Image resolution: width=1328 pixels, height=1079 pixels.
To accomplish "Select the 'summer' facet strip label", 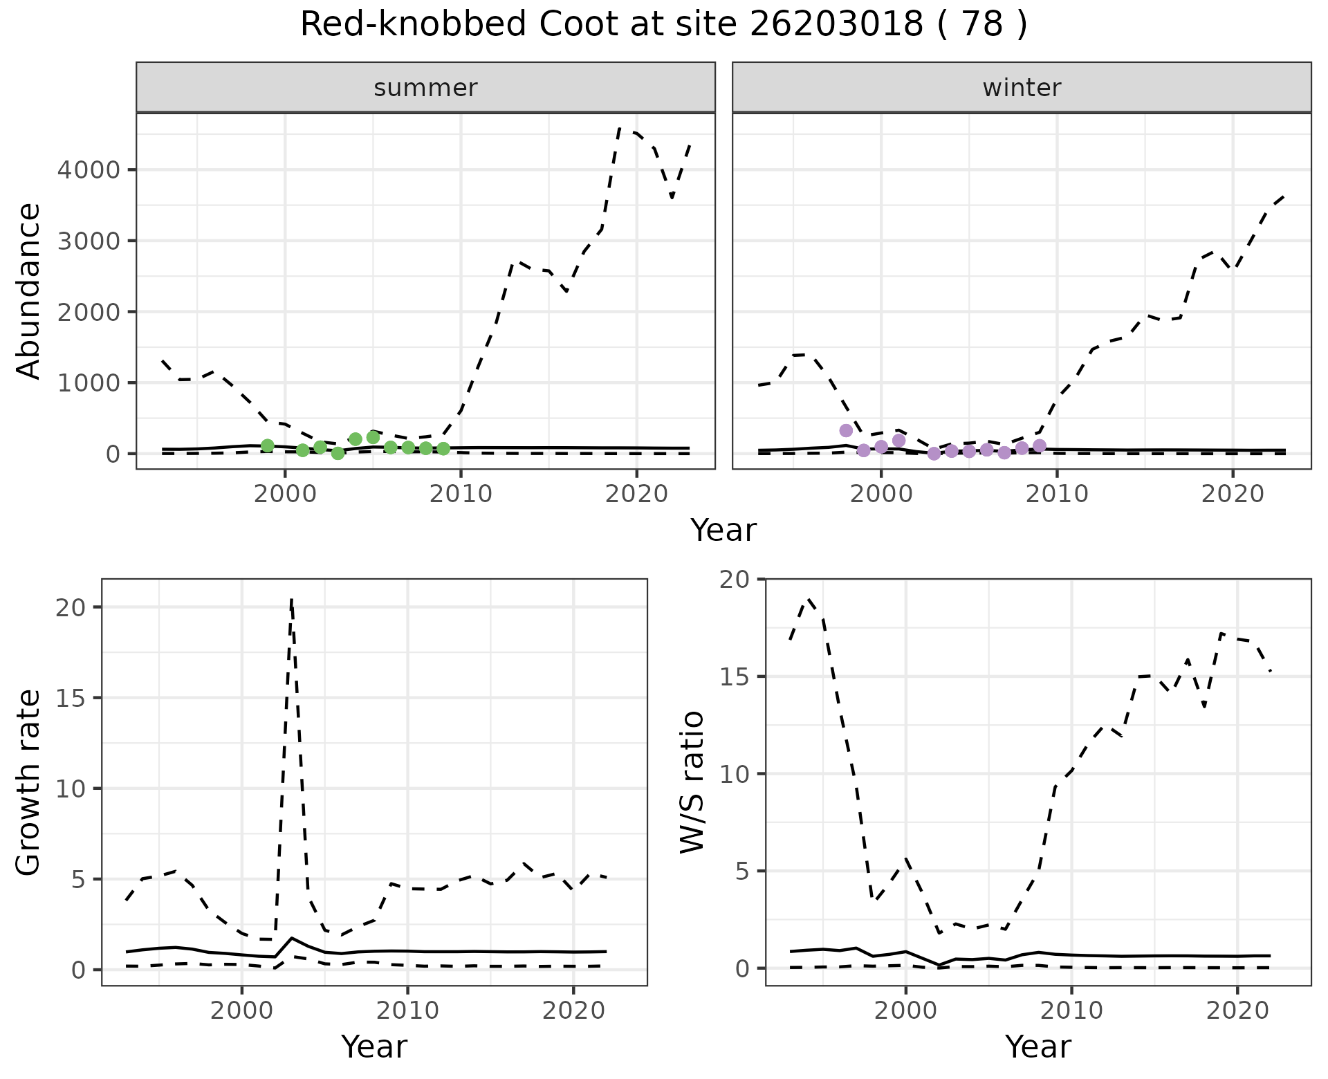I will pos(425,88).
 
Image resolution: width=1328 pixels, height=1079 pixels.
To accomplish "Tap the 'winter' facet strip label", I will pos(1022,88).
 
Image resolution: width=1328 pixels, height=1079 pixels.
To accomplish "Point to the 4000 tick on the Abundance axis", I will pos(88,170).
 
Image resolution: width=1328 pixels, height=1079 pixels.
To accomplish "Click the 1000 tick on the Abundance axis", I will pos(88,383).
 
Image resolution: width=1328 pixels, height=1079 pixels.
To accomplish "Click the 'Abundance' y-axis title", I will pos(29,290).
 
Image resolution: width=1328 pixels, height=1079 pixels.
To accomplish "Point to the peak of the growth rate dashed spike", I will pos(292,599).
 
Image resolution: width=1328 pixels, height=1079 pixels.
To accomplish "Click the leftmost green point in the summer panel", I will pos(268,445).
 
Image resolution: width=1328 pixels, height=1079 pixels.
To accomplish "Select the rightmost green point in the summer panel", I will pos(443,448).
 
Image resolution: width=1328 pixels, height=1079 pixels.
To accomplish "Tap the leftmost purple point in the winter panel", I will pos(846,430).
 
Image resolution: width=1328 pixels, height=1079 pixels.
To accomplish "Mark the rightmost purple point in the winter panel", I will pos(1039,445).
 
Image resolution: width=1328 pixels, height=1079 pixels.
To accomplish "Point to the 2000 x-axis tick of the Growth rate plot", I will pos(241,1011).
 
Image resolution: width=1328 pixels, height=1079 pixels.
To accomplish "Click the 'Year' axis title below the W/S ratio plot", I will pos(1037,1046).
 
